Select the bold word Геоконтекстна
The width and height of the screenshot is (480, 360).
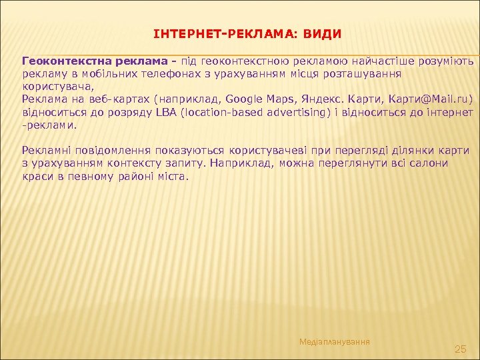click(x=61, y=62)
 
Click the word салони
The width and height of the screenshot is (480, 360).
click(x=429, y=163)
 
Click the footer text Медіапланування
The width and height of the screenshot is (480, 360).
click(x=335, y=341)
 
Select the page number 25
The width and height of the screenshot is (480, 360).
click(x=460, y=349)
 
